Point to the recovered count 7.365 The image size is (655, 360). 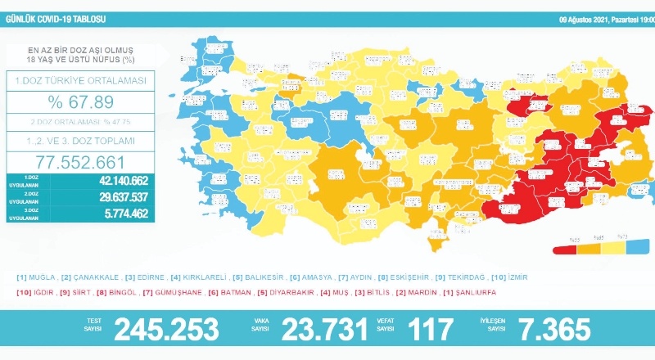[556, 330]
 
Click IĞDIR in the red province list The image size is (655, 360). [43, 291]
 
